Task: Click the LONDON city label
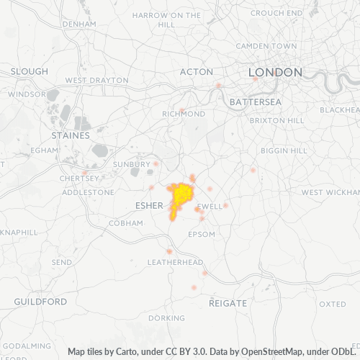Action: [x=275, y=72]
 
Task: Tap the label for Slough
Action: [x=30, y=72]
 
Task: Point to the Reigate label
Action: [x=228, y=303]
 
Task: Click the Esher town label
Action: [x=150, y=206]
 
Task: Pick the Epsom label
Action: [x=201, y=235]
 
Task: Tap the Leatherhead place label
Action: [x=175, y=262]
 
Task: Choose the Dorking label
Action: [x=166, y=318]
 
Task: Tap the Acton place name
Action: [x=197, y=72]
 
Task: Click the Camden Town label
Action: [x=266, y=45]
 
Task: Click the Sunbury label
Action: [x=132, y=164]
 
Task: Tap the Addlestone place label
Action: [x=89, y=192]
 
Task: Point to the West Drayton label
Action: [x=96, y=80]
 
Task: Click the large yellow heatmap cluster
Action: [x=183, y=195]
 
